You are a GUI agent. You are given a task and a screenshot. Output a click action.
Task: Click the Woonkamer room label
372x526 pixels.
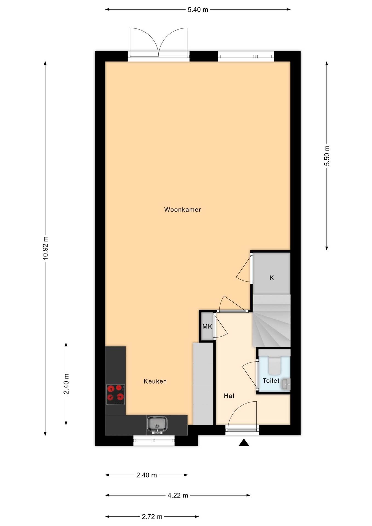click(182, 210)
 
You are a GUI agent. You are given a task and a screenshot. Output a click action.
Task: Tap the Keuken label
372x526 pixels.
click(155, 381)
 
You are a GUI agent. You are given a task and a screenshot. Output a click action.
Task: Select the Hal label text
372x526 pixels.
click(229, 396)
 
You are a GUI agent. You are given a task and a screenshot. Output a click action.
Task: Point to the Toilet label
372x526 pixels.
click(271, 381)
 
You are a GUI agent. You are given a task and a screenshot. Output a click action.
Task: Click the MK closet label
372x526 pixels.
click(207, 326)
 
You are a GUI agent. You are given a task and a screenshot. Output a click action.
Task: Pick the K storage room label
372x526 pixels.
click(271, 278)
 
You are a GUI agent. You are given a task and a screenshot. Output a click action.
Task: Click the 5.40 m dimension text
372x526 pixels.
click(198, 10)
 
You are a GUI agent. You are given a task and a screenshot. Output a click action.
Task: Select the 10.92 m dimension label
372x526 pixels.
click(45, 248)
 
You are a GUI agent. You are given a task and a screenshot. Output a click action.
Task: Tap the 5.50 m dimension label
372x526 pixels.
click(327, 156)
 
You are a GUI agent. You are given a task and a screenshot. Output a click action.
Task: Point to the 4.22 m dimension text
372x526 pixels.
click(178, 495)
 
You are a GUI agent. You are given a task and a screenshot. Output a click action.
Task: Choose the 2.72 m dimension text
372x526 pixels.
click(152, 517)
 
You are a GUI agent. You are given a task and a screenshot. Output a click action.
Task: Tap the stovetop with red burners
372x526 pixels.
click(116, 395)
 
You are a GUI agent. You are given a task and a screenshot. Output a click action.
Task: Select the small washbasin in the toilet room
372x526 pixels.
click(286, 384)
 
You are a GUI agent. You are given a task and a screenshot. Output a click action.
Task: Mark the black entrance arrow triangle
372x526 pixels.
click(244, 442)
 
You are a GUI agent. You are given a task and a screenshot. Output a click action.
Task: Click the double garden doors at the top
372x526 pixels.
click(159, 42)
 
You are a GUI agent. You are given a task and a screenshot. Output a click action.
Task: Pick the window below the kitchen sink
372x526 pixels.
click(154, 441)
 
